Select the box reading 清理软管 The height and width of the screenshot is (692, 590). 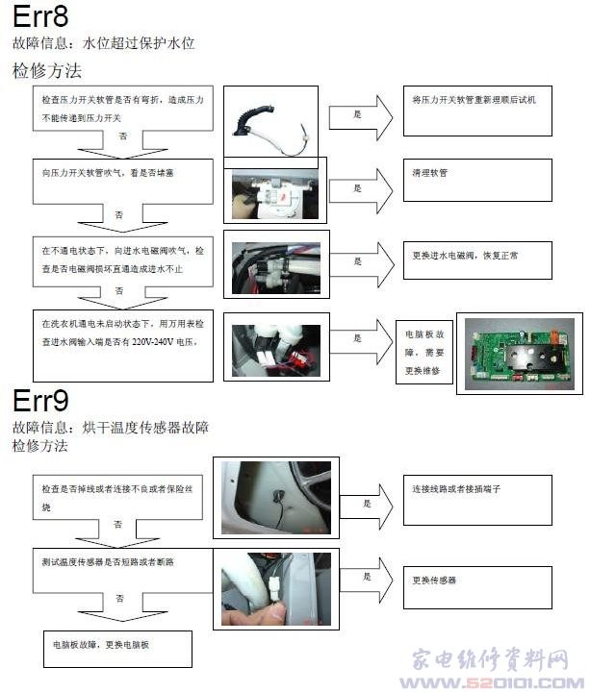coord(476,185)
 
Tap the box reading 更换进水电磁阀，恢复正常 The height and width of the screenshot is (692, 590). coord(476,259)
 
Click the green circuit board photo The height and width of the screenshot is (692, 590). coord(518,353)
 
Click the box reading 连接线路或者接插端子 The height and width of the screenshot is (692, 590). coord(476,500)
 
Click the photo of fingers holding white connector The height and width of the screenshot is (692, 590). coord(275,588)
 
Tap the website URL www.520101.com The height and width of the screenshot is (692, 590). coord(491,682)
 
